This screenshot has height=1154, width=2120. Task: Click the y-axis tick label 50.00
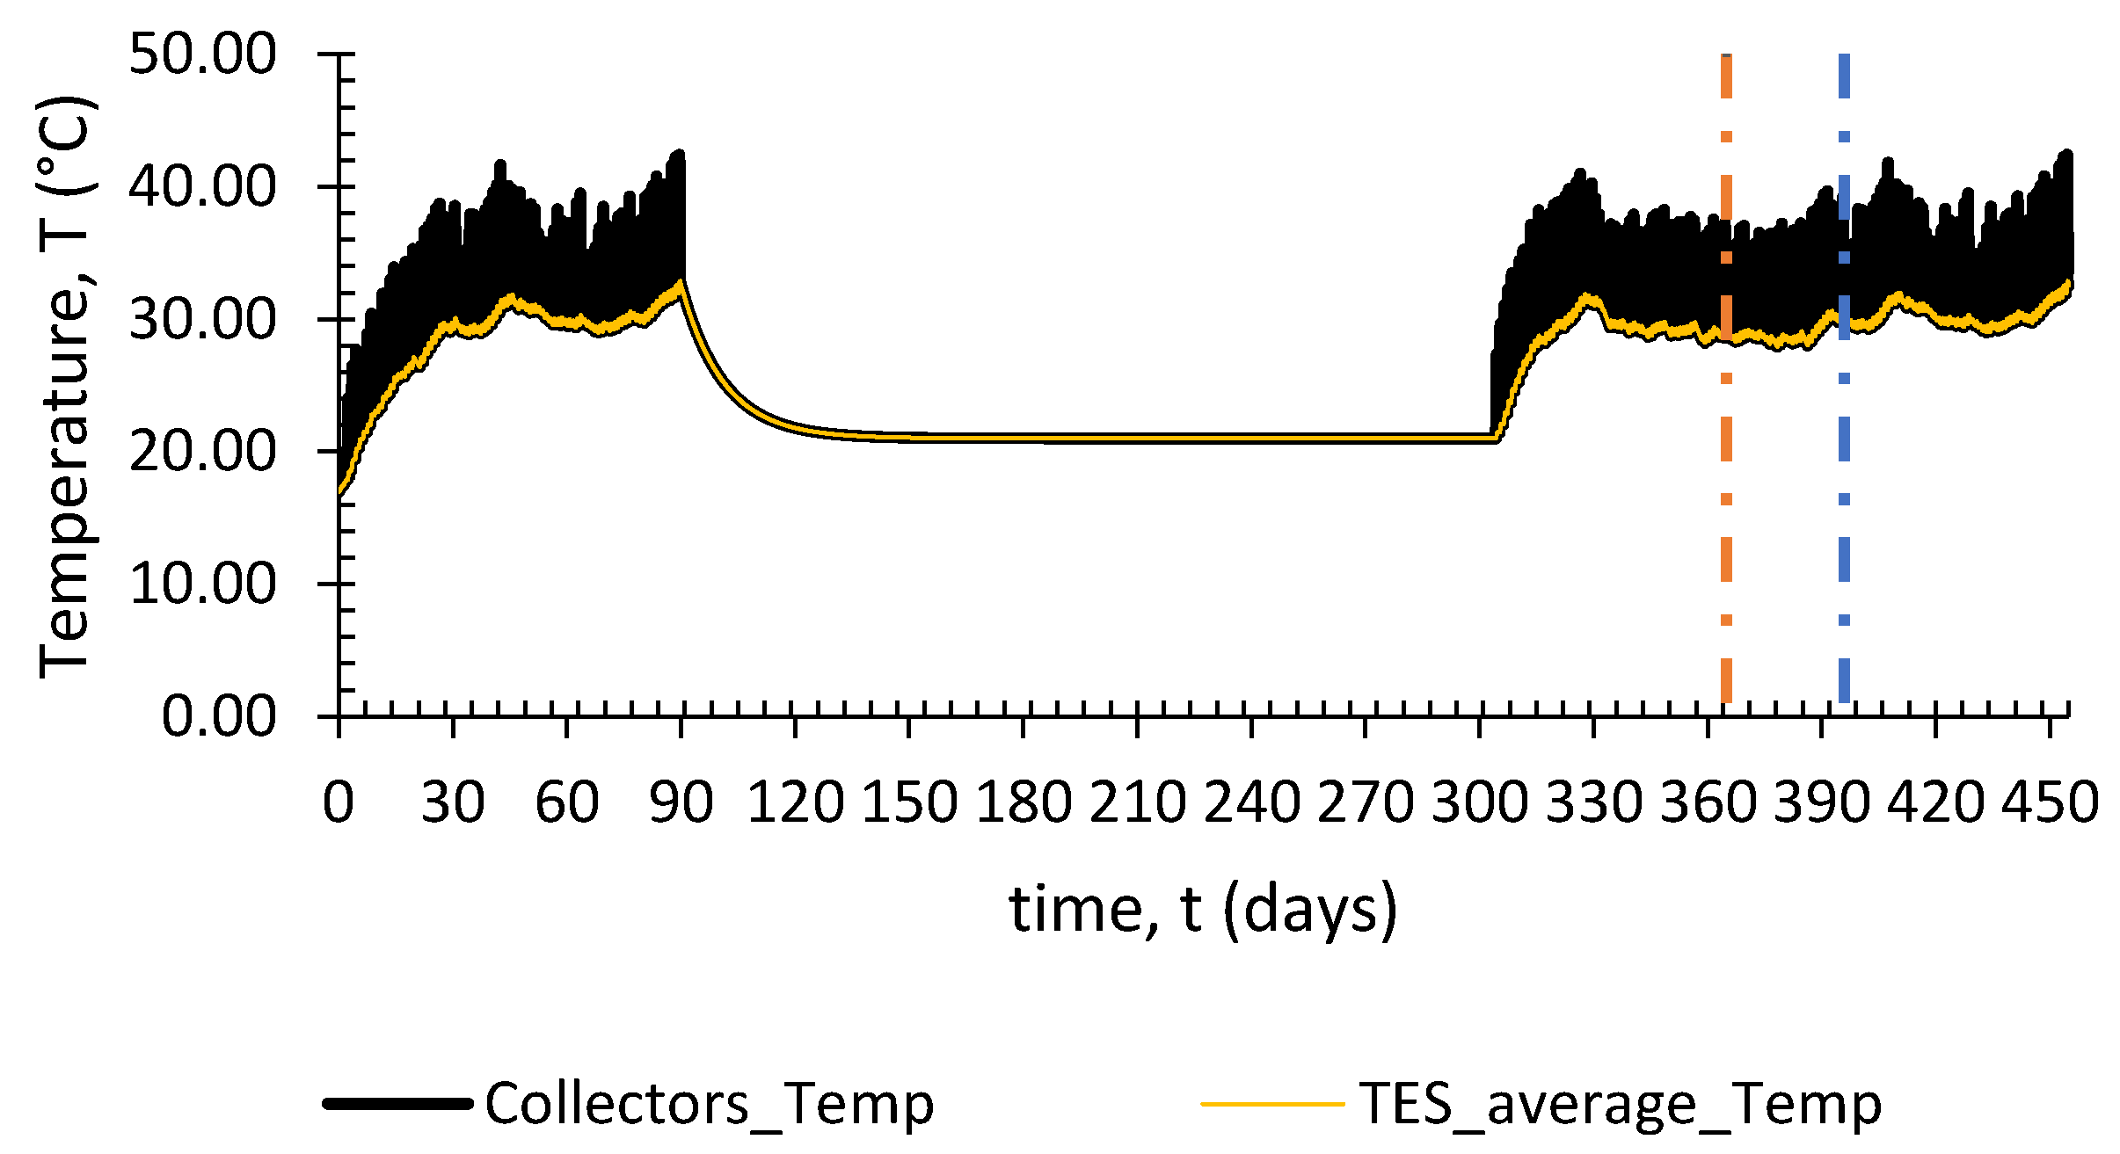pos(202,54)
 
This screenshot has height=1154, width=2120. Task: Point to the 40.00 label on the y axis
pos(202,186)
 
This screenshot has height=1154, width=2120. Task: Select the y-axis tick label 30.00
pos(202,319)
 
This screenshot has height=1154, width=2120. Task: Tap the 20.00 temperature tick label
pos(202,452)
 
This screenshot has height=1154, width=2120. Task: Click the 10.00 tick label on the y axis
pos(202,584)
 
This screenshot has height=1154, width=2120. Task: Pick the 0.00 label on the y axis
pos(218,716)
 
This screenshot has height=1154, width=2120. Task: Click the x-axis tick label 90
pos(681,802)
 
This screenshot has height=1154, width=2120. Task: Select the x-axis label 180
pos(1023,802)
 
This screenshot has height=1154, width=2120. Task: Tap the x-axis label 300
pos(1479,802)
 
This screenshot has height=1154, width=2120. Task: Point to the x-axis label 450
pos(2050,802)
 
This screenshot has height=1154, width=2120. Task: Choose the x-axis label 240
pos(1251,802)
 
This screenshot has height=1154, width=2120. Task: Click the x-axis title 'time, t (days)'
pos(1203,910)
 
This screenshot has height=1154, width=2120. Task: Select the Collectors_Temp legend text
pos(709,1104)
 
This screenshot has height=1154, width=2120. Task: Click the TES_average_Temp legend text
pos(1620,1104)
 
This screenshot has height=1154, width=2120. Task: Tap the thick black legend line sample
pos(397,1104)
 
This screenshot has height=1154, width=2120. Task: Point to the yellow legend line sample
pos(1272,1104)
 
